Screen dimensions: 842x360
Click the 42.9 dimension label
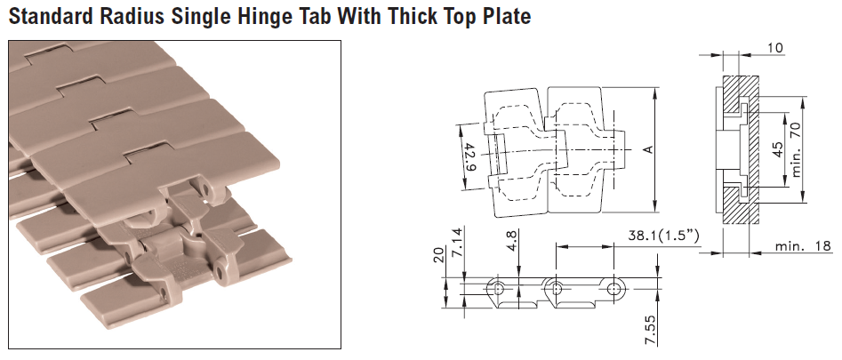[469, 156]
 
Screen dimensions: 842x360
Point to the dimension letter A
[648, 149]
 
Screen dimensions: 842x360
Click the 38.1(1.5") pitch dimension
[663, 236]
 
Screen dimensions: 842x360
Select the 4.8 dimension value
[512, 240]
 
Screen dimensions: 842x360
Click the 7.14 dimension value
[458, 242]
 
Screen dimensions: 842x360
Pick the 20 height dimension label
[438, 255]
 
